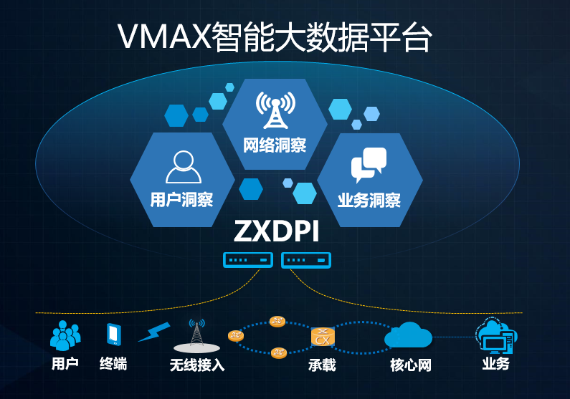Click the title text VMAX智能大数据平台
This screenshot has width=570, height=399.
(275, 38)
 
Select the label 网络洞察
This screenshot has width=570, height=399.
(275, 145)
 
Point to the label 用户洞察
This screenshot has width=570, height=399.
(182, 199)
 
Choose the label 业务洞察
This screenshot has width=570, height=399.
(369, 200)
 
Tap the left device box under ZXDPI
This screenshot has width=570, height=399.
(248, 260)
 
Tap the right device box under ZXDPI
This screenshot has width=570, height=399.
(307, 260)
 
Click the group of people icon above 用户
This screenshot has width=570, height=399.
(65, 335)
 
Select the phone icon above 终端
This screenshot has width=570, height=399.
(113, 335)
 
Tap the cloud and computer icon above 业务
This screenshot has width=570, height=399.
(495, 335)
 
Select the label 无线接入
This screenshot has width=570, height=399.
(197, 365)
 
